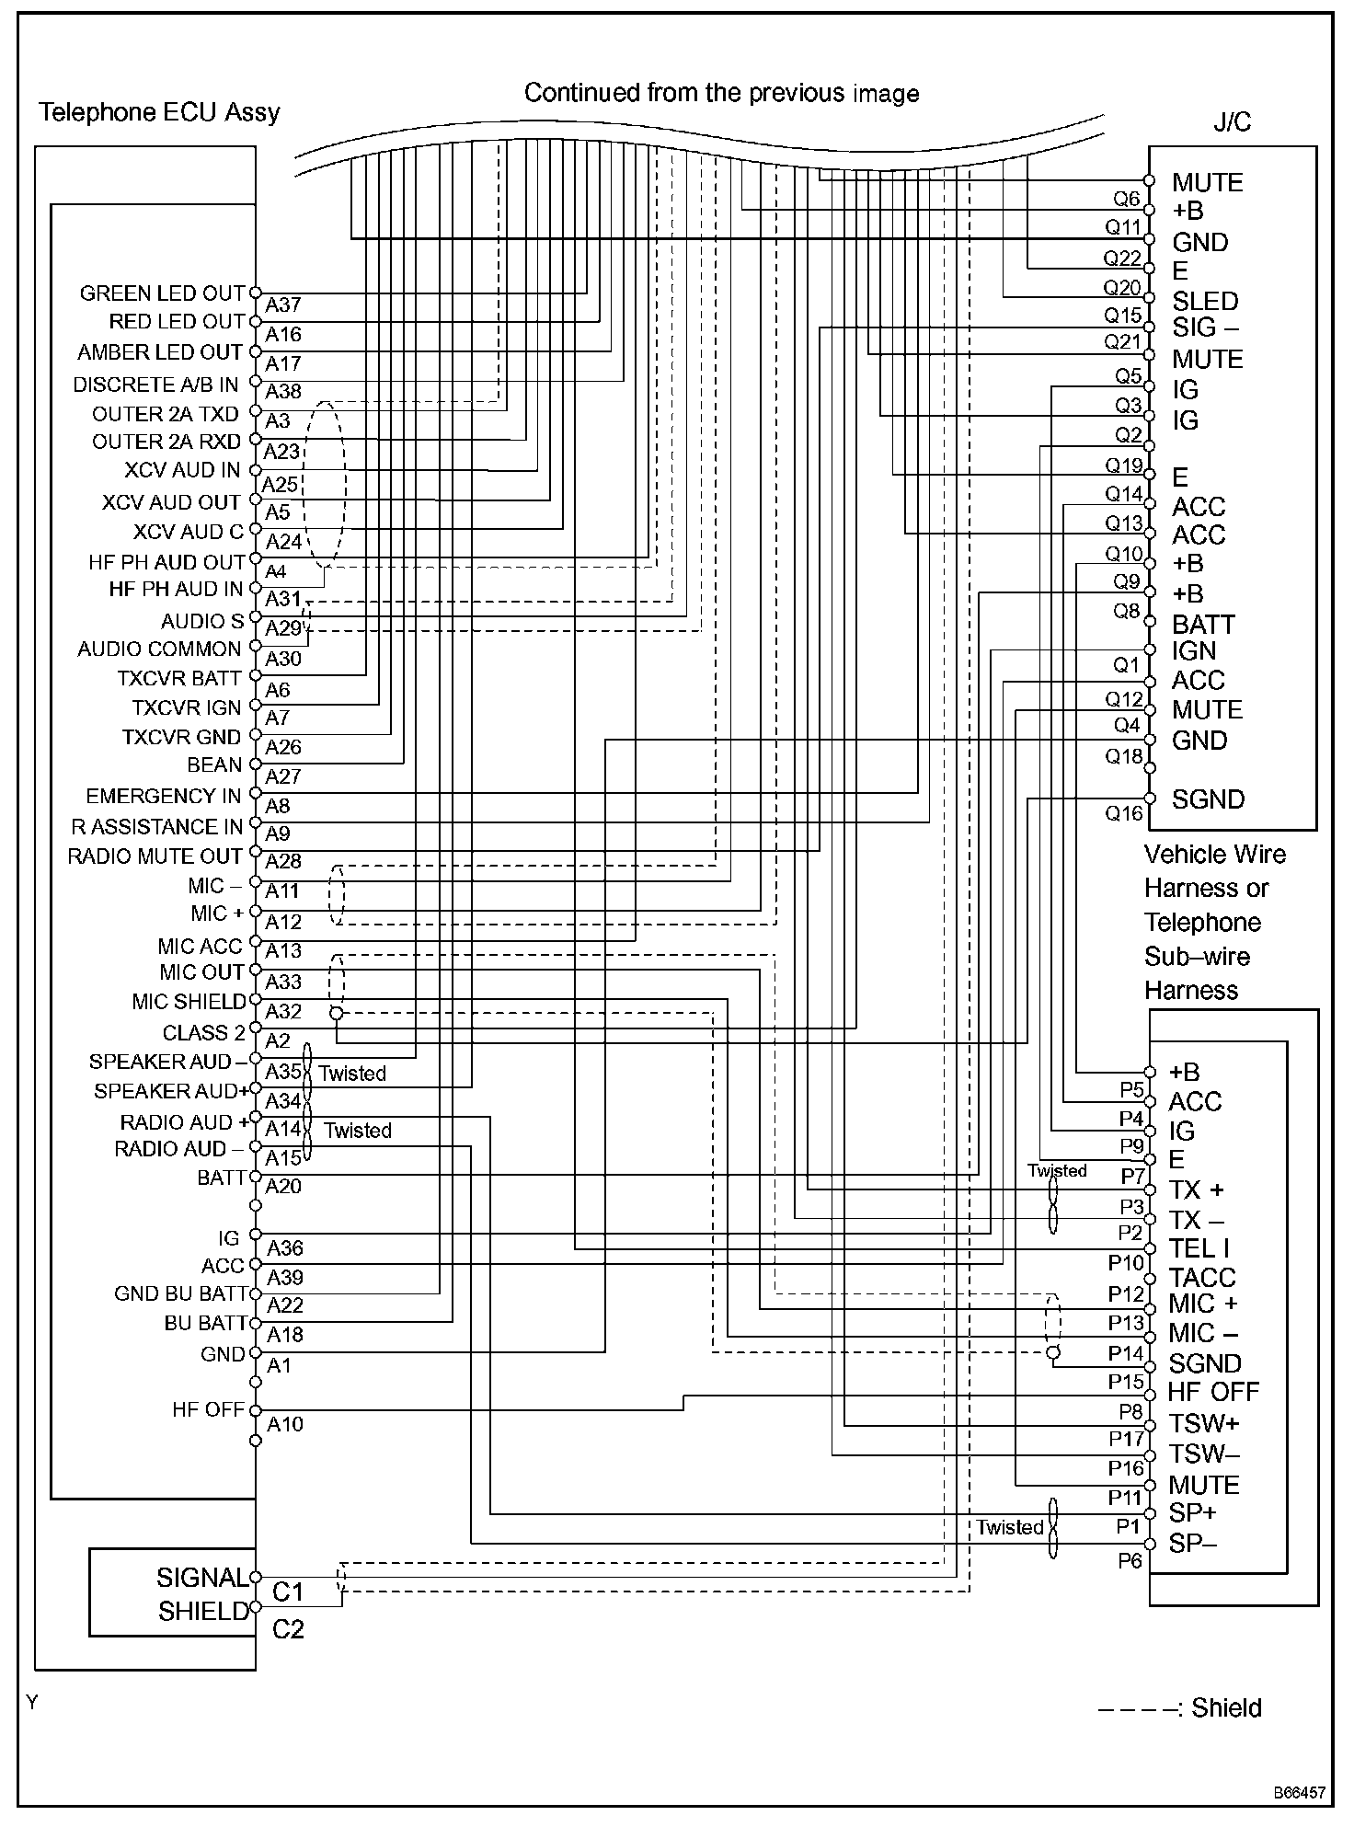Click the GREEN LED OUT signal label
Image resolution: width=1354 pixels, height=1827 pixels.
162,293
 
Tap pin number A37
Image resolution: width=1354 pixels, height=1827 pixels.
283,304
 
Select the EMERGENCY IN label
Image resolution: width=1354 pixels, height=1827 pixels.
163,796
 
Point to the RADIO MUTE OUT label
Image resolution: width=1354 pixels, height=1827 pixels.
155,856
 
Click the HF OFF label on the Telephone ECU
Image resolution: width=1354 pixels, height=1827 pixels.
208,1409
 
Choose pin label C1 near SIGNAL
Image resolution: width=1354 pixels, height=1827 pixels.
288,1591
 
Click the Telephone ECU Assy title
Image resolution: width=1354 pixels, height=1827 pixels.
159,112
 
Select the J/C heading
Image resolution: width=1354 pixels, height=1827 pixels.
1232,122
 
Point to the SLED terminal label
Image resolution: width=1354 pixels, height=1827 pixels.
1205,301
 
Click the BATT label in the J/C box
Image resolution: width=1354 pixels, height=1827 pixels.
1203,625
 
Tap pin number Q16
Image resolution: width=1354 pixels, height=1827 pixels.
1123,813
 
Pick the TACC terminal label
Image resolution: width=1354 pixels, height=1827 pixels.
1201,1277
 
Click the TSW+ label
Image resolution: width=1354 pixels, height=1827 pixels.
1204,1423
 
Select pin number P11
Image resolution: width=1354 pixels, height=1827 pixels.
1125,1498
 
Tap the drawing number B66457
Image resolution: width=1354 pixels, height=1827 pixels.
1300,1793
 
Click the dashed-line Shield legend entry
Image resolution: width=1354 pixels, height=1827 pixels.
1179,1708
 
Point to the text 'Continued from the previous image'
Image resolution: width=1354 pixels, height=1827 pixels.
721,93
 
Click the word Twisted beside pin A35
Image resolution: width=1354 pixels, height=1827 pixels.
352,1074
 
